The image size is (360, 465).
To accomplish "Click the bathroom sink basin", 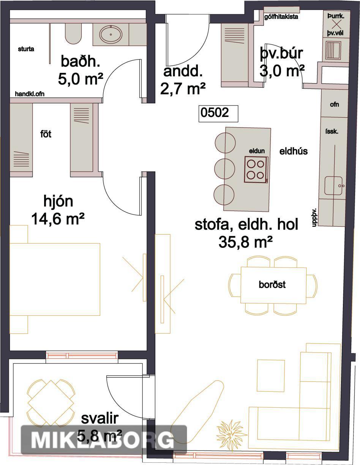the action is tap(111, 34).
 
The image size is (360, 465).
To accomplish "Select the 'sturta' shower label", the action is tap(26, 49).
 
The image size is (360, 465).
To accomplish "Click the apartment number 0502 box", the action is tap(218, 113).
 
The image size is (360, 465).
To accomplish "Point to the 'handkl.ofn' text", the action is tap(30, 94).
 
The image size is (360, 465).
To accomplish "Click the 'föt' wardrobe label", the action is tap(46, 134).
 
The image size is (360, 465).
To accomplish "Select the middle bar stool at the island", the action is tap(224, 169).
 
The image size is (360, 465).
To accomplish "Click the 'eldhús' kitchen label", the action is tap(294, 151).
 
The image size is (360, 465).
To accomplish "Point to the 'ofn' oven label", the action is tap(334, 104).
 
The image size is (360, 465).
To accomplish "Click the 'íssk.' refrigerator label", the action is tap(332, 131).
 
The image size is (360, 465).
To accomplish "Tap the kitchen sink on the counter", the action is tap(333, 186).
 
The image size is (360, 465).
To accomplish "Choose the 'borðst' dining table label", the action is tap(272, 285).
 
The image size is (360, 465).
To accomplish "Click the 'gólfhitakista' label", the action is tap(281, 17).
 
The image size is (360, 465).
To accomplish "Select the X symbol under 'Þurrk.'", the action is tap(336, 25).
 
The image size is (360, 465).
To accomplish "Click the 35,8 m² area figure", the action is tap(245, 243).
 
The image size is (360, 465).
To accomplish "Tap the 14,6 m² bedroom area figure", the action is tap(58, 219).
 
